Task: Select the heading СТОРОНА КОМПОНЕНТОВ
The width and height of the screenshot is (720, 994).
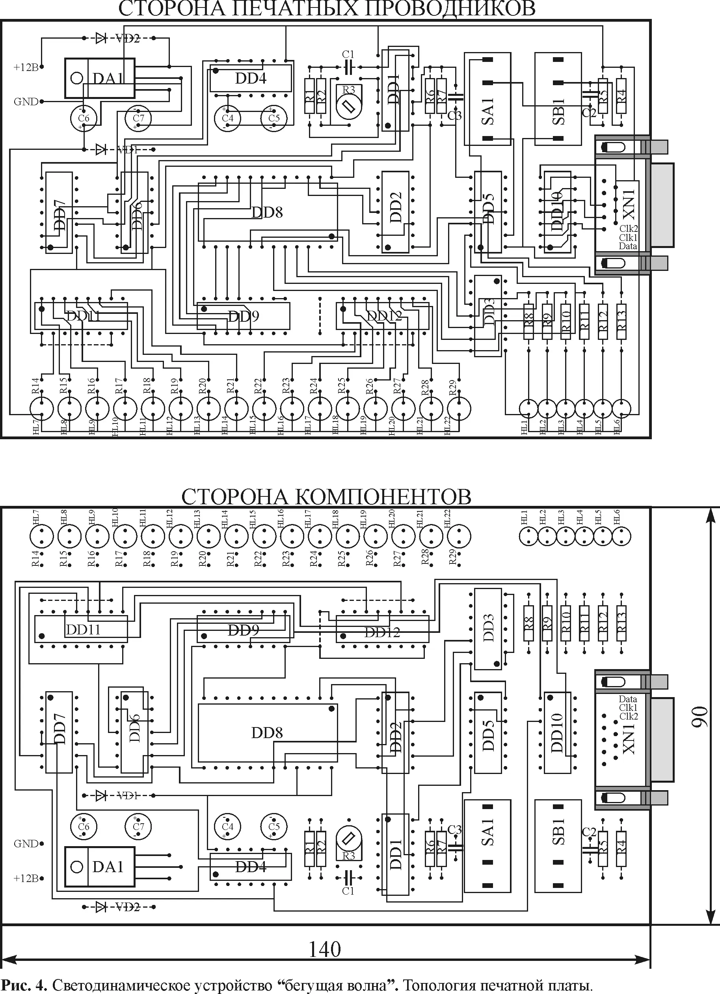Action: click(326, 497)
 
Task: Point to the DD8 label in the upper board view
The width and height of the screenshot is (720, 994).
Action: click(267, 213)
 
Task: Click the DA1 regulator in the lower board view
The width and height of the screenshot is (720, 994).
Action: click(100, 867)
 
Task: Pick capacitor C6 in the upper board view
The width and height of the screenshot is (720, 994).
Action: click(83, 118)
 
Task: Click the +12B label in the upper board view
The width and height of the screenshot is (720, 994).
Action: click(26, 67)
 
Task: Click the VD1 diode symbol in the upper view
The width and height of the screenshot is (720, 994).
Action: click(101, 149)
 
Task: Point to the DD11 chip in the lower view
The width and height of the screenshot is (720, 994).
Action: click(82, 629)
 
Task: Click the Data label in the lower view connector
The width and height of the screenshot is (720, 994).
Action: click(628, 699)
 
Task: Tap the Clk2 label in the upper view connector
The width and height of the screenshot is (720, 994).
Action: click(628, 228)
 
